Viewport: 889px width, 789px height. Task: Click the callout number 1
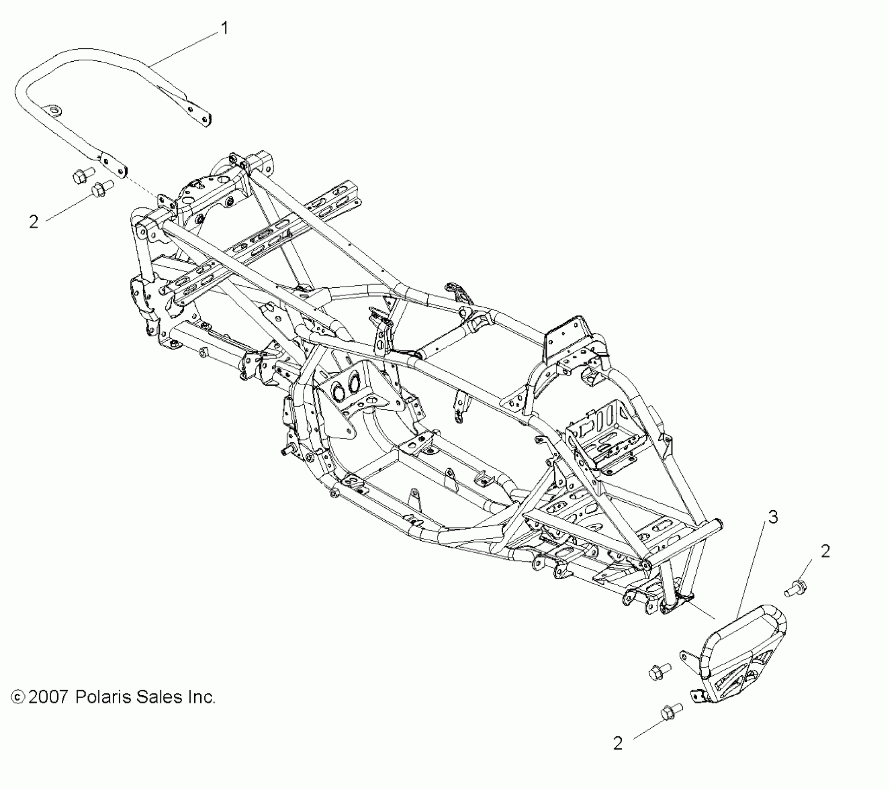[x=224, y=29]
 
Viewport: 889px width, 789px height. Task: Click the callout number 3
[x=772, y=517]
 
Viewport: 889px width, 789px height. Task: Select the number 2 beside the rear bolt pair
[x=33, y=222]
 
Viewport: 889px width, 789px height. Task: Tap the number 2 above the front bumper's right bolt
[x=825, y=552]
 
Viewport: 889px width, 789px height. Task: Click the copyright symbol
[x=18, y=710]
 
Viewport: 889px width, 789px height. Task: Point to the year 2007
[x=48, y=710]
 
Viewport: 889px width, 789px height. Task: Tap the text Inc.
[x=203, y=710]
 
